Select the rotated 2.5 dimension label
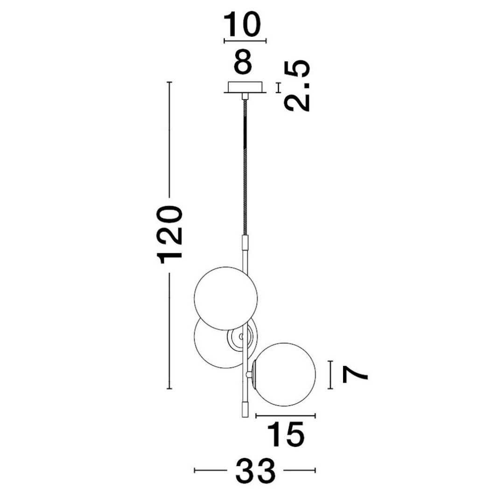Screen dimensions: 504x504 click(x=297, y=85)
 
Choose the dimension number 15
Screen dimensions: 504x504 click(x=286, y=434)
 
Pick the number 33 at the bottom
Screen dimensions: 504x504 click(x=256, y=470)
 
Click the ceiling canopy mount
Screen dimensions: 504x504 click(x=245, y=87)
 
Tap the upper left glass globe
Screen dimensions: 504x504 click(x=226, y=298)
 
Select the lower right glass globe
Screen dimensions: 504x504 click(x=285, y=374)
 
